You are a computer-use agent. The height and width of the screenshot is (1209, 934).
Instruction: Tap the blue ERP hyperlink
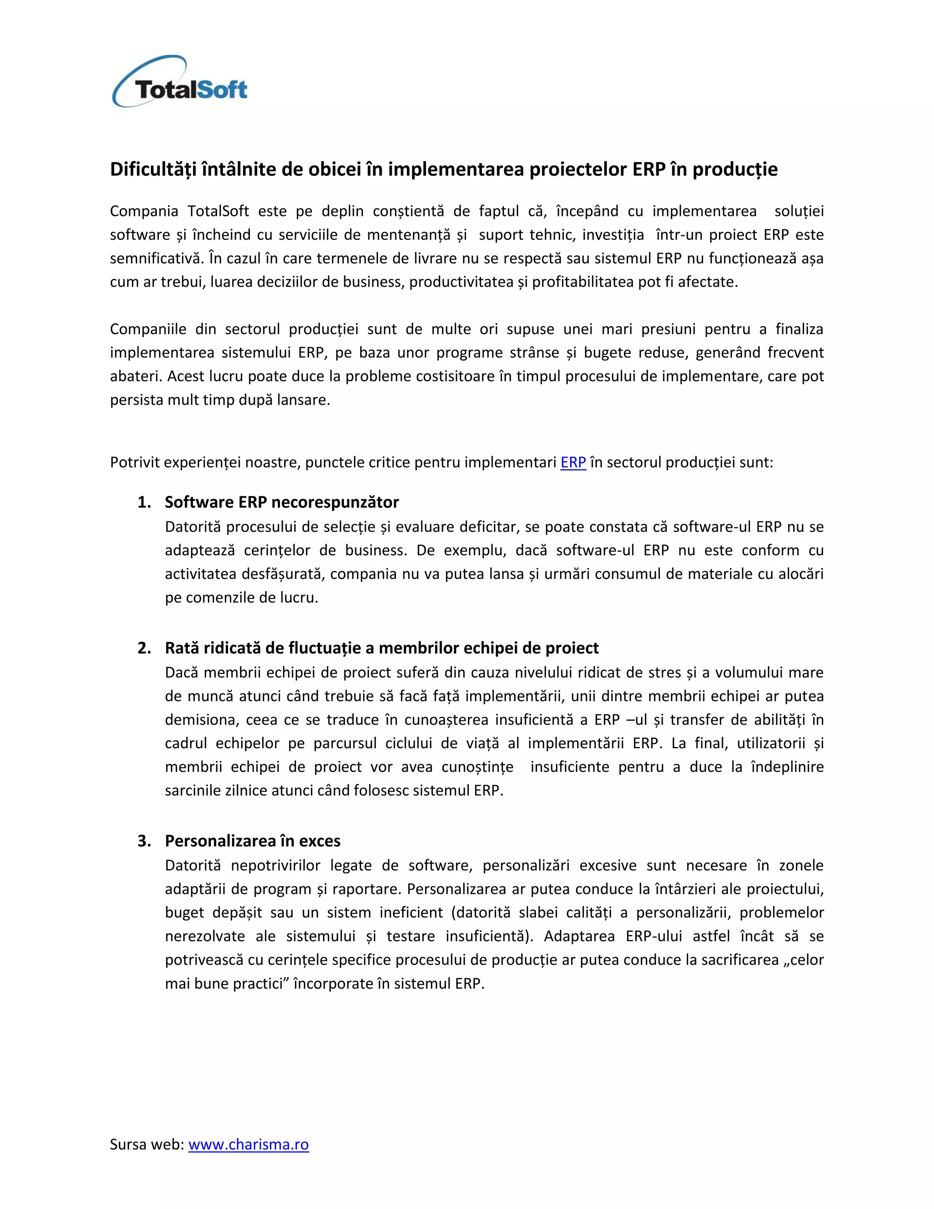click(x=573, y=462)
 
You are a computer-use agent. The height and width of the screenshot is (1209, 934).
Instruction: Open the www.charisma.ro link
click(x=249, y=1144)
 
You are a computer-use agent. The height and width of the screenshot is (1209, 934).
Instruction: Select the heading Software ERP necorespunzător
click(x=282, y=502)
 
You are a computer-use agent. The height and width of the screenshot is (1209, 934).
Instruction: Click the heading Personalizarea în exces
click(x=252, y=841)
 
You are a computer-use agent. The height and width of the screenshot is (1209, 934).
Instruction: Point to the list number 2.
click(x=143, y=648)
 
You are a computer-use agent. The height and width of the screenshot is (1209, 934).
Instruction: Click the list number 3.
click(x=143, y=841)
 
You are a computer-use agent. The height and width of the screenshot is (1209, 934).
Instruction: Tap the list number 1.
click(x=143, y=502)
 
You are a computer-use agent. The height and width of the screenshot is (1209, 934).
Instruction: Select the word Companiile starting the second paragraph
click(x=148, y=329)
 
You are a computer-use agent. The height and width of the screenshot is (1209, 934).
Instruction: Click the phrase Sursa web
click(x=146, y=1144)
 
